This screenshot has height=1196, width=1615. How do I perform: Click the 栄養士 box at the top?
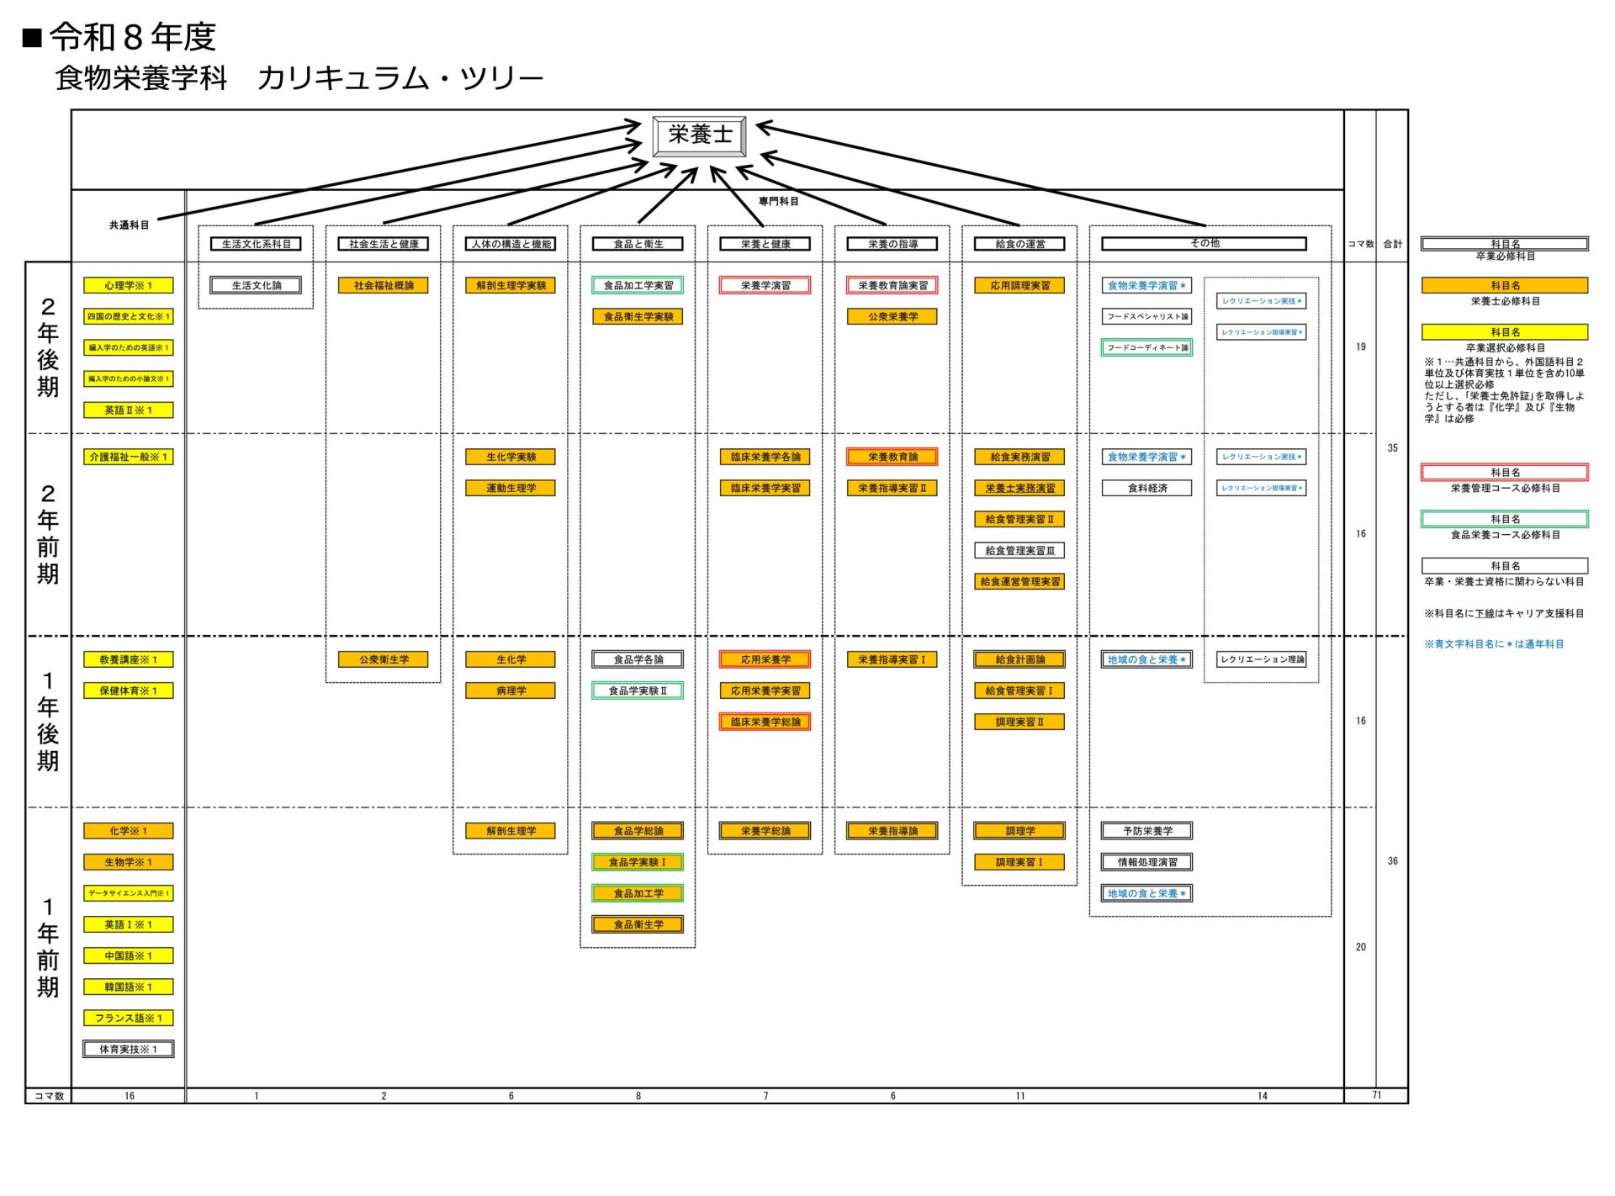pos(699,135)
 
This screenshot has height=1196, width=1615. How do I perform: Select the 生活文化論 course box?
pos(256,285)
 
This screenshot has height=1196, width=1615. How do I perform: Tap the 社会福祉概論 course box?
pos(384,285)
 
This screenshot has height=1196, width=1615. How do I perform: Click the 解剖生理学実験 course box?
pos(511,285)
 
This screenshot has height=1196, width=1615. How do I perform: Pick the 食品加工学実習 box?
pos(638,285)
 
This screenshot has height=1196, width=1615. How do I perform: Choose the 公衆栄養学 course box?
pos(892,316)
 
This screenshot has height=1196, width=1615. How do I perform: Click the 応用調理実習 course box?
pos(1019,285)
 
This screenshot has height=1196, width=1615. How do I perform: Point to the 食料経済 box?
pos(1146,488)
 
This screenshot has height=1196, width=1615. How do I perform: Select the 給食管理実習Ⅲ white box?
pos(1019,550)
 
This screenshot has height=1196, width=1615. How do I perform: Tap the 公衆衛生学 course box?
pos(384,659)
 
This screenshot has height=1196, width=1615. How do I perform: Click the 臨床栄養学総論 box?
pos(765,722)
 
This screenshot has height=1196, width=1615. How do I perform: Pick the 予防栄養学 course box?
pos(1146,831)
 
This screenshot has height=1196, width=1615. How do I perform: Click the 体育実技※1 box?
pos(128,1049)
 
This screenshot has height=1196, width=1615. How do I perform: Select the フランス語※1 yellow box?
pos(128,1018)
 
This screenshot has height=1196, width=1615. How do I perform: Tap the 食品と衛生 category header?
pos(638,244)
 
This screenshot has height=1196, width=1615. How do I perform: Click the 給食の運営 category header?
pos(1019,244)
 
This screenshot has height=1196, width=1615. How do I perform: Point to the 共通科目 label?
pos(129,225)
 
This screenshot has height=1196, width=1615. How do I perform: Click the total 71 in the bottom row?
pos(1376,1095)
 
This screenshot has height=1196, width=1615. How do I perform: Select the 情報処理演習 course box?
pos(1146,862)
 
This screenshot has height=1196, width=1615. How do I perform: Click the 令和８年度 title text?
pos(132,37)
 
